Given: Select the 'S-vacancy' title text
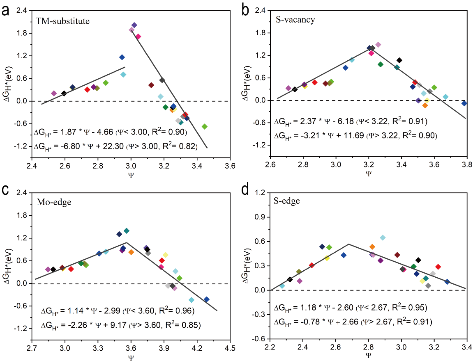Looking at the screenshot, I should pyautogui.click(x=295, y=19).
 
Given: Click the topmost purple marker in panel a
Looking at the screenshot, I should pyautogui.click(x=134, y=25).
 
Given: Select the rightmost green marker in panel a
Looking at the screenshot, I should pyautogui.click(x=204, y=126).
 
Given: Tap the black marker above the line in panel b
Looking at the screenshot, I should pyautogui.click(x=399, y=60).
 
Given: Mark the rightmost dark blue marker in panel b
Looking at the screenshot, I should pyautogui.click(x=464, y=103).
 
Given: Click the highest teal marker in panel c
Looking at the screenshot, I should pyautogui.click(x=127, y=231).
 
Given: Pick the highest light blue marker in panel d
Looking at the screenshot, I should pyautogui.click(x=383, y=237).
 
